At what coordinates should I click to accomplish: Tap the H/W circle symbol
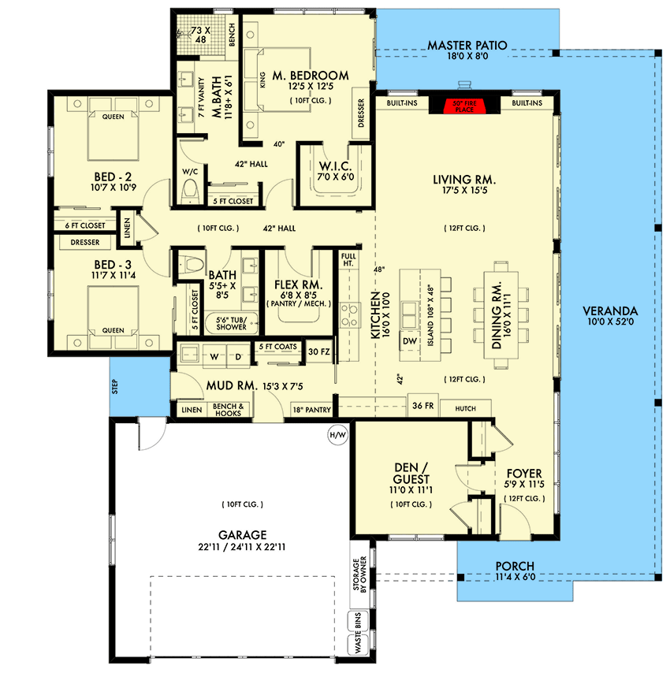335,433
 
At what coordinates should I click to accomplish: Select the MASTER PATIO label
467,45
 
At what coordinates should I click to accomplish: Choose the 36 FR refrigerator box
419,407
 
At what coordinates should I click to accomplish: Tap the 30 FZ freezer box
318,351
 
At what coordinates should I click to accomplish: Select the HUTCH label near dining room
465,407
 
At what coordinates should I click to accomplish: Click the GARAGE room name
243,533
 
